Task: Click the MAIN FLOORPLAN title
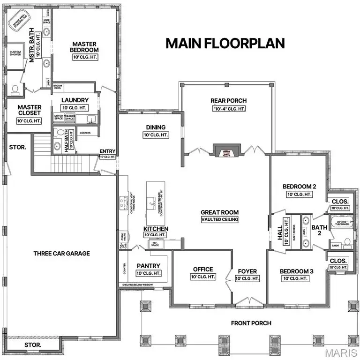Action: pyautogui.click(x=225, y=43)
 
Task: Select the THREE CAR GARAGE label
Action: pyautogui.click(x=61, y=254)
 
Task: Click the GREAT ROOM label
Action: pyautogui.click(x=220, y=211)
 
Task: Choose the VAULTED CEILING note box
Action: pyautogui.click(x=220, y=219)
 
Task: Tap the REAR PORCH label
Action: pyautogui.click(x=228, y=100)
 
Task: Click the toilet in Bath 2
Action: pyautogui.click(x=347, y=242)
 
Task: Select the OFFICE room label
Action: pyautogui.click(x=203, y=270)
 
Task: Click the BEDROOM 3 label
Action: pyautogui.click(x=296, y=271)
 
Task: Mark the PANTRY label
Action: pyautogui.click(x=149, y=265)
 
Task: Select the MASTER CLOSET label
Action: pyautogui.click(x=30, y=110)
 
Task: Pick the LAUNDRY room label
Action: pyautogui.click(x=75, y=100)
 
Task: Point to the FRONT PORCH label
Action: pyautogui.click(x=248, y=323)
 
